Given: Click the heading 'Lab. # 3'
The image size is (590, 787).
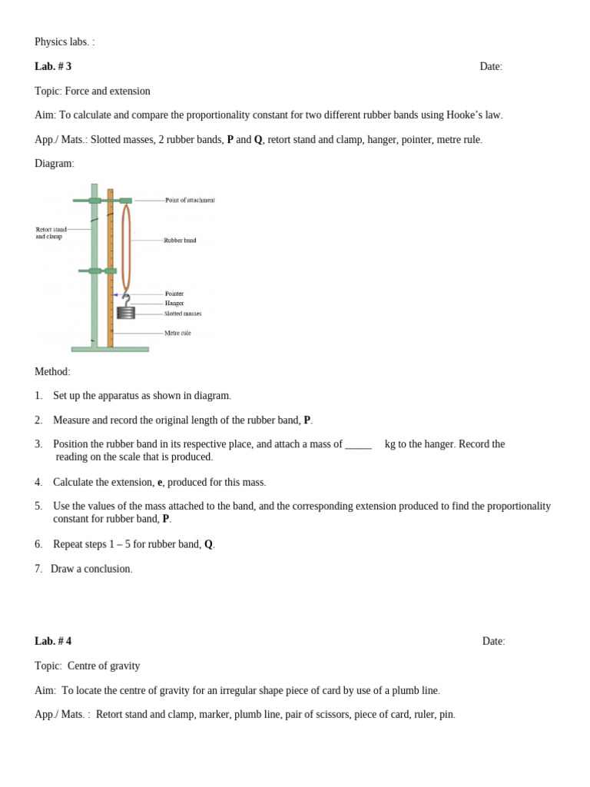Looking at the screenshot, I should click(53, 67).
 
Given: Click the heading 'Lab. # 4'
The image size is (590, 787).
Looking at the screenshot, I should click(53, 642).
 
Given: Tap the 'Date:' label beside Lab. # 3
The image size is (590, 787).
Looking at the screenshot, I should click(491, 67).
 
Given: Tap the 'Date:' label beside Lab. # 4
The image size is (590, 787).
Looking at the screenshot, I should click(493, 642).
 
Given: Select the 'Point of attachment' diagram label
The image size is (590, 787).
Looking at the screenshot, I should click(190, 201).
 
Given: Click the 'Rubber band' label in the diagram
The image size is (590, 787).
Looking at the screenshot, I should click(180, 241).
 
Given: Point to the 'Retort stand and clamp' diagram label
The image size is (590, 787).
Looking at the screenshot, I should click(51, 233).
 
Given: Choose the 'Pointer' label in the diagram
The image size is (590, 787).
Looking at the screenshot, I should click(174, 294).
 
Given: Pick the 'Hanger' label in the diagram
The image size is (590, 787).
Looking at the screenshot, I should click(174, 304).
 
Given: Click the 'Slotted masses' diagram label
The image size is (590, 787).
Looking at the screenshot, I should click(183, 314).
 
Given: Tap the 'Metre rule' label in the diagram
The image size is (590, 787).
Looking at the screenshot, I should click(177, 334).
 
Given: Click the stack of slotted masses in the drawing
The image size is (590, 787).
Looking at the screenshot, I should click(126, 313).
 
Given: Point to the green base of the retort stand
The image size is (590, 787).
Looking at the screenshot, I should click(110, 350).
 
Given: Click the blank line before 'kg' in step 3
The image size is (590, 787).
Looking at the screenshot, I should click(358, 445).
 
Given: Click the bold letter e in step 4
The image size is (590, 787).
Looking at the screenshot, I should click(160, 483).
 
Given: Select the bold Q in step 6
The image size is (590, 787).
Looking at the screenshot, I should click(208, 545).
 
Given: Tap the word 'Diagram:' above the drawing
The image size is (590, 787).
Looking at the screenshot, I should click(55, 164).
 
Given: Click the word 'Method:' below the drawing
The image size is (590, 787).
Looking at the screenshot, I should click(52, 372).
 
